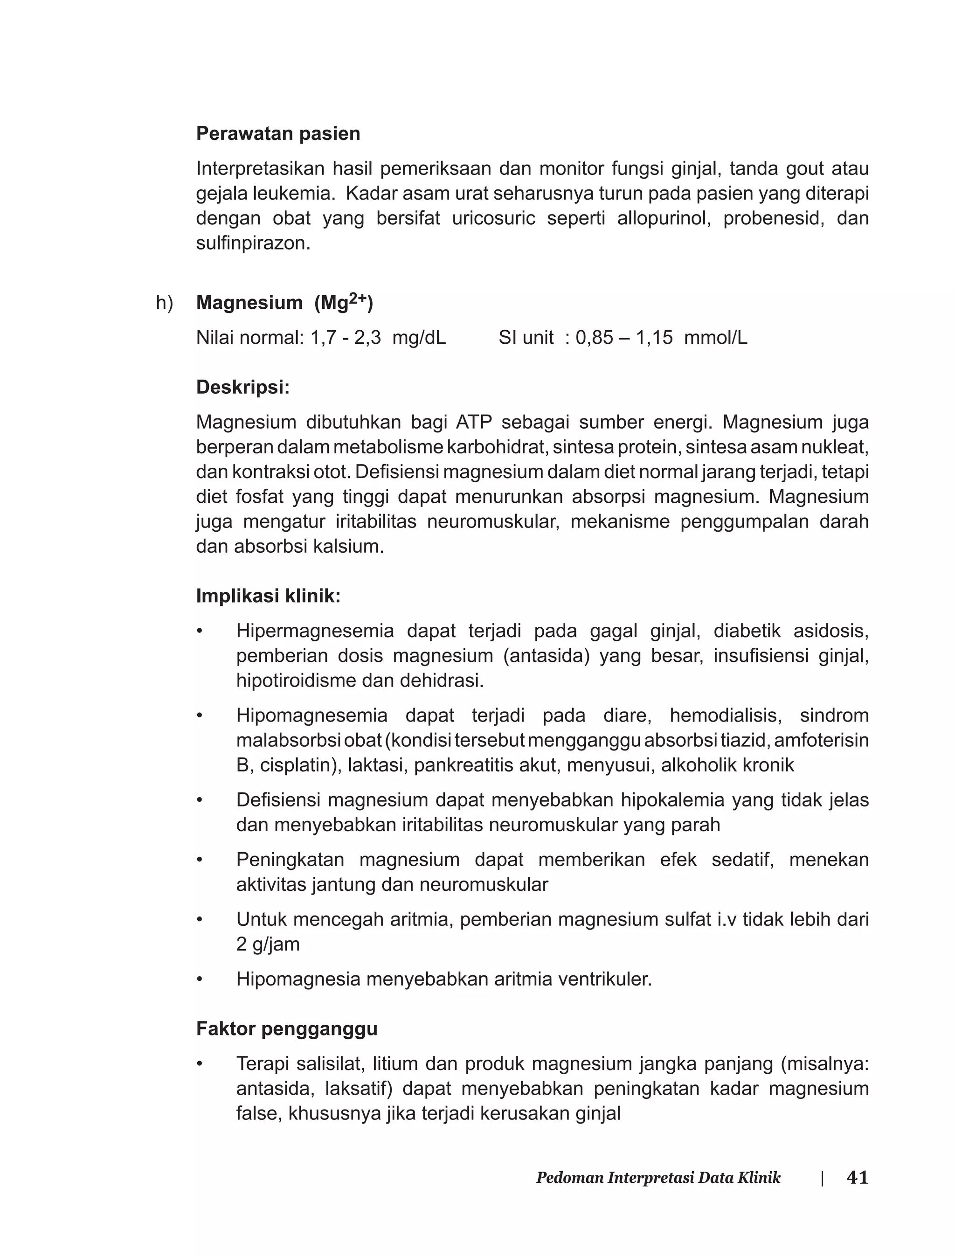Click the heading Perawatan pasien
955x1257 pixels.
278,133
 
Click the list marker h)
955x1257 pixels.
164,303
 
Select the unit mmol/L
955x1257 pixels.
715,338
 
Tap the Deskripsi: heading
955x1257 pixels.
243,388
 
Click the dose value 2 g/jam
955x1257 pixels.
267,944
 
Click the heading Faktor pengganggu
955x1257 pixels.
286,1029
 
